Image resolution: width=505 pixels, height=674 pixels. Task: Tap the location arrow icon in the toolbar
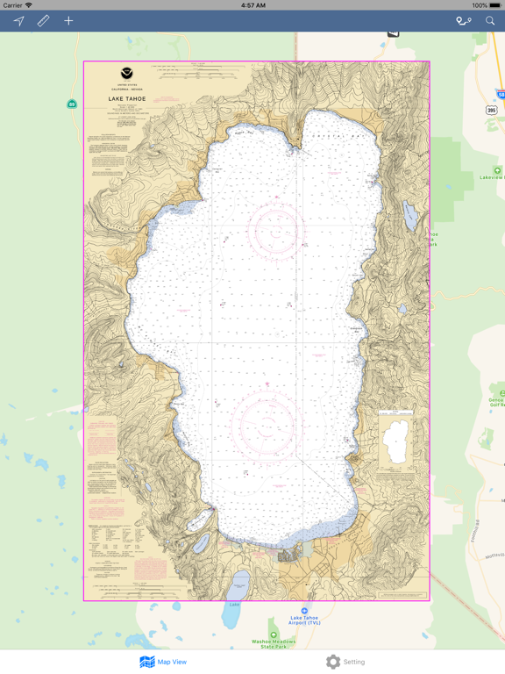pyautogui.click(x=18, y=21)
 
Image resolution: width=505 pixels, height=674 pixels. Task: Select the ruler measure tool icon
pyautogui.click(x=43, y=21)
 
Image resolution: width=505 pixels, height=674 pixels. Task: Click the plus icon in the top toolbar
pyautogui.click(x=68, y=21)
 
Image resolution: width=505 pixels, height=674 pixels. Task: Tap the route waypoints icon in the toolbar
pyautogui.click(x=463, y=21)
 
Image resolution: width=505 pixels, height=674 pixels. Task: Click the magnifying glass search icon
pyautogui.click(x=490, y=21)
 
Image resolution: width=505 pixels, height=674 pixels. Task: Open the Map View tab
pyautogui.click(x=163, y=662)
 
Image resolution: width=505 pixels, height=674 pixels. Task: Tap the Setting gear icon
pyautogui.click(x=333, y=662)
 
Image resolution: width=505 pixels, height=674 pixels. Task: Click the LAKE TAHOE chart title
pyautogui.click(x=127, y=99)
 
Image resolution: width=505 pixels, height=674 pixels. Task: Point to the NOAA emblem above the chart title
pyautogui.click(x=127, y=75)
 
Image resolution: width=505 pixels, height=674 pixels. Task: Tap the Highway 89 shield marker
pyautogui.click(x=72, y=104)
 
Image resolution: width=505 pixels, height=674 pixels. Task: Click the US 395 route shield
pyautogui.click(x=492, y=110)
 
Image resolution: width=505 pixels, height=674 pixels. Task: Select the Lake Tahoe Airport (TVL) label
pyautogui.click(x=304, y=620)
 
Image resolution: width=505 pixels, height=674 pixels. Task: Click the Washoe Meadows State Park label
pyautogui.click(x=274, y=643)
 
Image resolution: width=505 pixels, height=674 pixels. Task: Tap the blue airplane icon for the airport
pyautogui.click(x=304, y=610)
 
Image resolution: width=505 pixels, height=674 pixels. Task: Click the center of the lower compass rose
pyautogui.click(x=267, y=425)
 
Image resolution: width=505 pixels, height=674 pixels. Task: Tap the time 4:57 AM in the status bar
pyautogui.click(x=252, y=5)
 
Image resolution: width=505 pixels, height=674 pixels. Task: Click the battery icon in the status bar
pyautogui.click(x=494, y=5)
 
